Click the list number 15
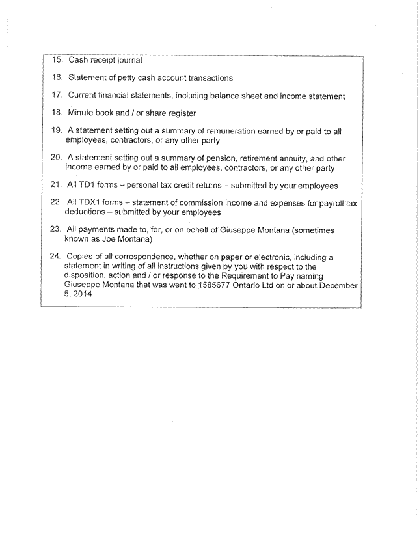tap(57, 61)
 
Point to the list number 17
tap(57, 96)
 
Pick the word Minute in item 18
tap(81, 113)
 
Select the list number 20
tap(57, 158)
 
